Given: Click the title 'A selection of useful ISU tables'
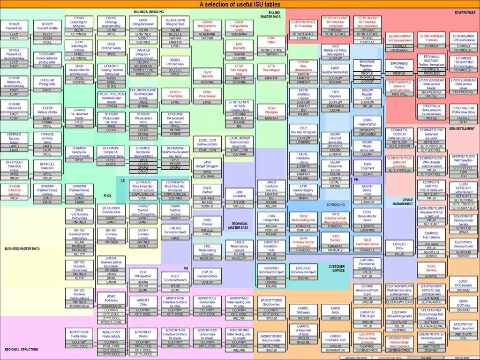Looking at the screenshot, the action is [x=240, y=4].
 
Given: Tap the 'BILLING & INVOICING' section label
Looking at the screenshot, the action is [x=149, y=11].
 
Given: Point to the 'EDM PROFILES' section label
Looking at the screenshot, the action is [x=465, y=12].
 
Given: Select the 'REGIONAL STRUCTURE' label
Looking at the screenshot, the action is [x=21, y=349].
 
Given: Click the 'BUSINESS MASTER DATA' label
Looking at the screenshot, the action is [x=22, y=248].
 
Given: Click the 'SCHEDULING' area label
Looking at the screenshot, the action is [x=335, y=204].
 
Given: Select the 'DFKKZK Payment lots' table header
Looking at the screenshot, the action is [x=14, y=26].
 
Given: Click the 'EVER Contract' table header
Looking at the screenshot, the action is [x=207, y=190].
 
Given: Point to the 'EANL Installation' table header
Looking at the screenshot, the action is [x=239, y=194].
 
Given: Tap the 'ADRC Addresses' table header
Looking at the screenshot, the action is [x=111, y=298].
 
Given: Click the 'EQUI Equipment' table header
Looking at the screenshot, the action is [x=367, y=166].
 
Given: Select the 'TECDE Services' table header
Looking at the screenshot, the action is [x=431, y=268].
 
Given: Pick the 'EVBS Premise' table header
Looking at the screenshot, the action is [x=207, y=222].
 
